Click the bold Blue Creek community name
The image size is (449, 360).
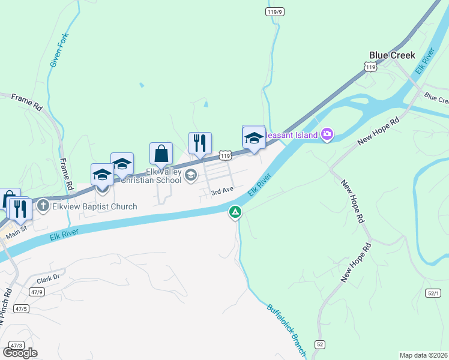(392, 55)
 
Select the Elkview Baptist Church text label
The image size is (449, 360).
(94, 206)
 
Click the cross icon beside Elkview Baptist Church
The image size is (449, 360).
(43, 206)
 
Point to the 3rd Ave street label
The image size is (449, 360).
(221, 191)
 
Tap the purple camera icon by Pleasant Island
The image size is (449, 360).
(327, 134)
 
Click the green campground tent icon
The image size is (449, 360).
(235, 212)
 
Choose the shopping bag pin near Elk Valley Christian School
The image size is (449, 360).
(161, 154)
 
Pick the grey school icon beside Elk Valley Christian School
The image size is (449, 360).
(191, 175)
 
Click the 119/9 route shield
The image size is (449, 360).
(275, 11)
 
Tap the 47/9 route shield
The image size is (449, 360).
(37, 292)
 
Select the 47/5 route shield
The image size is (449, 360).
(22, 308)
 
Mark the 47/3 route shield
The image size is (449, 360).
(16, 345)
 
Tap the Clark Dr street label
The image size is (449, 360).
(48, 279)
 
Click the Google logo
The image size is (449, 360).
(20, 353)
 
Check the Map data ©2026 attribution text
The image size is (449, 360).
(424, 355)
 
